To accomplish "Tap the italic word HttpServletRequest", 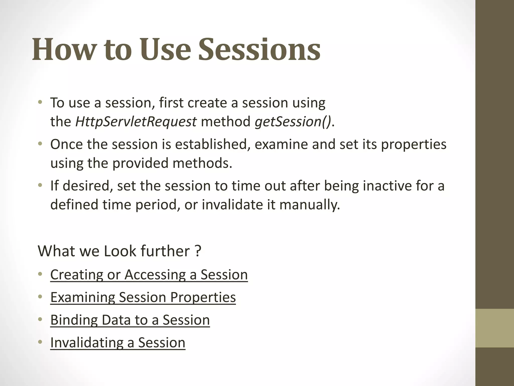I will point(136,122).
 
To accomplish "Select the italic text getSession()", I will point(293,122).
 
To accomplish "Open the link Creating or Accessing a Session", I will point(149,275).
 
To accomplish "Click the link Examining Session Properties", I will point(143,297).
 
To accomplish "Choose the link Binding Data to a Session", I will point(130,320).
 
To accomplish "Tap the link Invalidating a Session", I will point(117,343).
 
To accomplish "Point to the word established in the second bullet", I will point(212,144).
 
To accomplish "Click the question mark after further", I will point(198,251).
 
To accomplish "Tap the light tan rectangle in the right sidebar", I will point(494,328).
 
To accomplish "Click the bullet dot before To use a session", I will point(40,103).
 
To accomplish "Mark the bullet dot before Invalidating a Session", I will point(40,342).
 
